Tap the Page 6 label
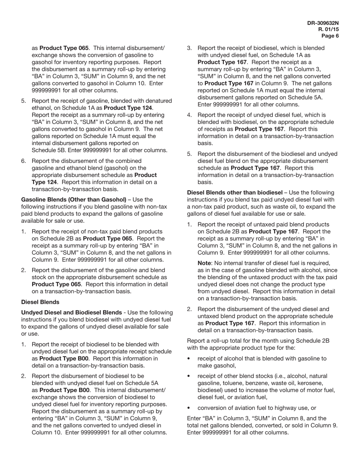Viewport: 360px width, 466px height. (x=330, y=36)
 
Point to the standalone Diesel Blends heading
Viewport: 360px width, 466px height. (x=40, y=302)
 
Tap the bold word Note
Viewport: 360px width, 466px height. (x=205, y=263)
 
